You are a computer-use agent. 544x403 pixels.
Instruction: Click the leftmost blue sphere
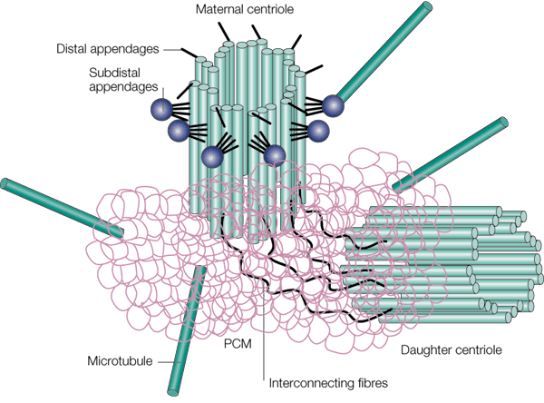coord(161,109)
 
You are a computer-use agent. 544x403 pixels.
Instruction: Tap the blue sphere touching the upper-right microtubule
coord(334,104)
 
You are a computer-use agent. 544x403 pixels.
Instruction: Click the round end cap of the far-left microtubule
coord(5,185)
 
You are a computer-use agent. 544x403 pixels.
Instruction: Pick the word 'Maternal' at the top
coord(220,10)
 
